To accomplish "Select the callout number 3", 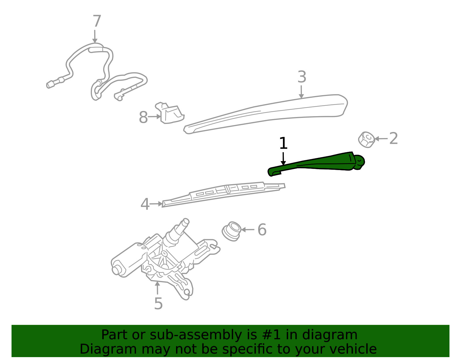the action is point(302,77).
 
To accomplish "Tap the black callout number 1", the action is point(283,143).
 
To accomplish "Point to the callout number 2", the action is point(393,138).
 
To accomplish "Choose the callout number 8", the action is point(143,117).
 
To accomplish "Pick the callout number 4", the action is point(145,204).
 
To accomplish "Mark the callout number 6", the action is point(262,229).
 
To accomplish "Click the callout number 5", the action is point(158,304).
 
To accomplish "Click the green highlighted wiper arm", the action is point(316,163).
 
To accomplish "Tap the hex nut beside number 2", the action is point(366,140).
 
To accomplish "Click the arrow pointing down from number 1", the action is point(283,159).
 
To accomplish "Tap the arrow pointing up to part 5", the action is point(157,288).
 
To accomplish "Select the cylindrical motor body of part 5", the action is point(127,261).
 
